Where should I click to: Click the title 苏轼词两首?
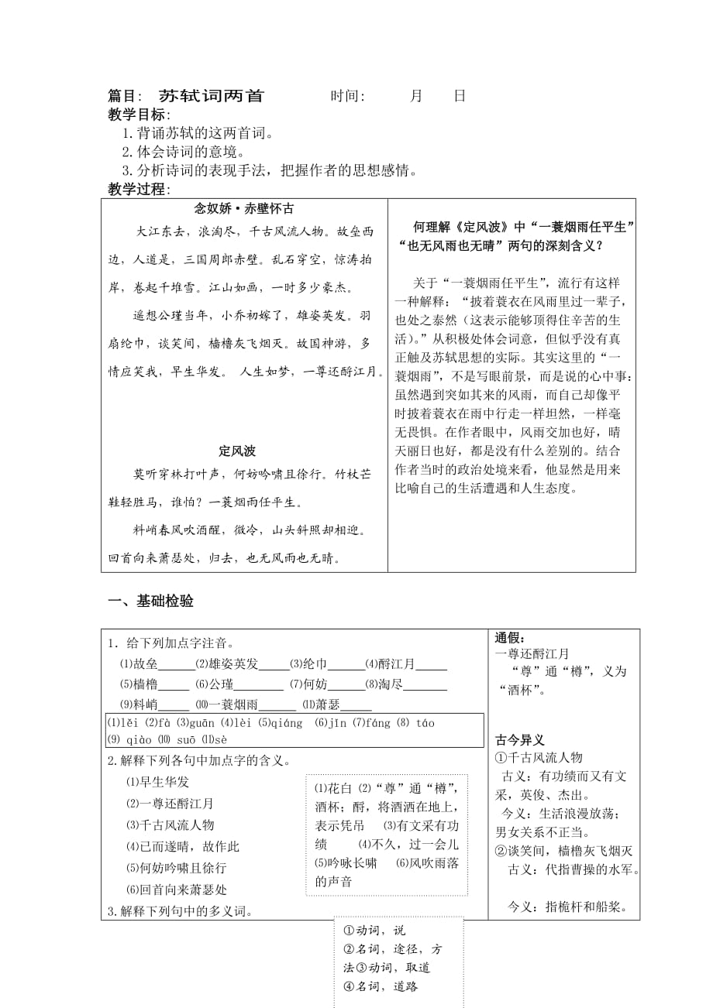(x=211, y=96)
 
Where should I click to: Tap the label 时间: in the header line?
(x=348, y=96)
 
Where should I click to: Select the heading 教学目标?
(x=139, y=115)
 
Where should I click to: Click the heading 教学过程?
(x=139, y=189)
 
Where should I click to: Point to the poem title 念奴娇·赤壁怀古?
(x=243, y=209)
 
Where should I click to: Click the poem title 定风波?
(x=237, y=451)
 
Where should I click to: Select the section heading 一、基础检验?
(x=150, y=602)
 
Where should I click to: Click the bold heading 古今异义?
(x=520, y=740)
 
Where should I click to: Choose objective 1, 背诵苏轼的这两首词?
(x=198, y=133)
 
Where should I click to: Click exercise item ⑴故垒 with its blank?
(x=156, y=664)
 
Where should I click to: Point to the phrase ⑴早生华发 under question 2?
(x=157, y=782)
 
